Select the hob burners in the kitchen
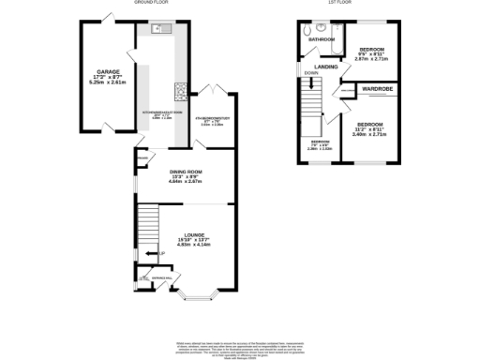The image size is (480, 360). coord(178,92)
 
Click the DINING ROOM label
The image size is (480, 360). coord(186,172)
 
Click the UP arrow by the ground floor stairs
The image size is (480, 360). coord(160,253)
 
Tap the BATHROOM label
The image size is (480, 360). coord(322,39)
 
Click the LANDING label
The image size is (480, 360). coord(326,67)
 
